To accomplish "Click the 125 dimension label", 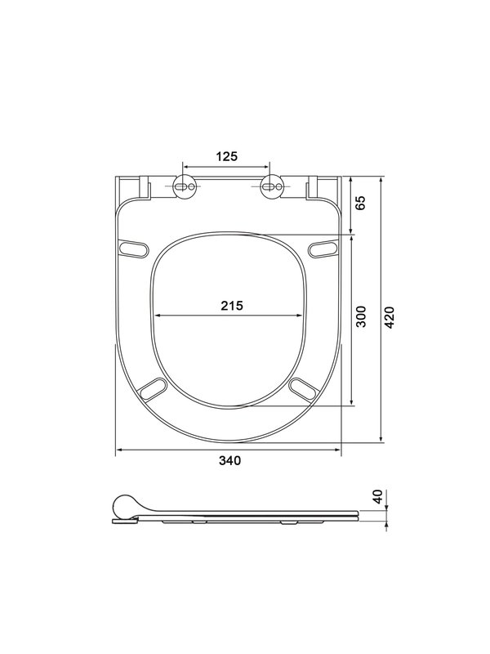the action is (227, 156).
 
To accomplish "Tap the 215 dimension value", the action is (232, 306).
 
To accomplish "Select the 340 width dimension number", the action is (230, 460).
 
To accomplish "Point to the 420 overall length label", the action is (390, 317).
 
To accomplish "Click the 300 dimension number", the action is (362, 316).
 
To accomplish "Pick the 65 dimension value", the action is (360, 203).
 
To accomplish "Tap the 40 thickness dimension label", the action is (377, 497).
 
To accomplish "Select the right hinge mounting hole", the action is (271, 186).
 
